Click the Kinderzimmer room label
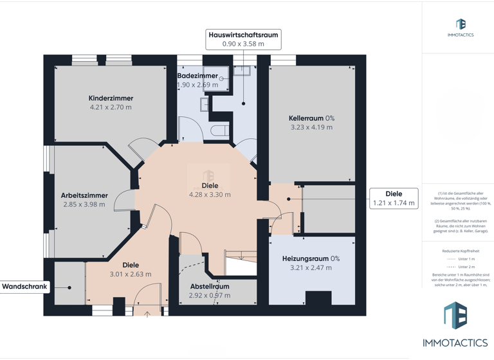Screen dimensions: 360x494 111,98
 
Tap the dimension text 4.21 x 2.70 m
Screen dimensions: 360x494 111,107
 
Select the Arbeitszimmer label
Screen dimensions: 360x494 84,195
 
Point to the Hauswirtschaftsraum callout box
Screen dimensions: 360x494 243,39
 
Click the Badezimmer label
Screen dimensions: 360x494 197,76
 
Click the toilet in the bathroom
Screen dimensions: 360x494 219,130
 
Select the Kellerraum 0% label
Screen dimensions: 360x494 311,118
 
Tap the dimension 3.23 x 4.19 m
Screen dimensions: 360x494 311,127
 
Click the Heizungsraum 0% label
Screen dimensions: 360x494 311,258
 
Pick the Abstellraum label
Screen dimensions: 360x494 209,287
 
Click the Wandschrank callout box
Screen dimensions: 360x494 25,287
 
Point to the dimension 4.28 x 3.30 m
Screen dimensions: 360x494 210,194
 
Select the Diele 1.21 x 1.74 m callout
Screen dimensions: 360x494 394,198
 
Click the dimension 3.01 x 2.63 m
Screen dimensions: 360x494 131,274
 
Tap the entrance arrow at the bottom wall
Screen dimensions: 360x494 147,314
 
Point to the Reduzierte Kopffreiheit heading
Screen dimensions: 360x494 461,251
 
